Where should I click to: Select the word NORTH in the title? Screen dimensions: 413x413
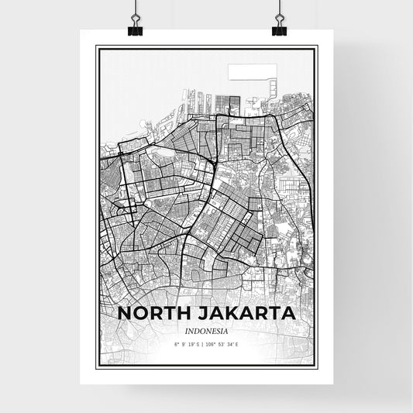coord(152,315)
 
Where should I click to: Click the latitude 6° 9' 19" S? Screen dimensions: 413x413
coord(188,343)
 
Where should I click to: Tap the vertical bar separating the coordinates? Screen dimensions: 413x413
coord(204,343)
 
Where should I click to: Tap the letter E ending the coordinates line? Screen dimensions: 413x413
coord(237,343)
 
